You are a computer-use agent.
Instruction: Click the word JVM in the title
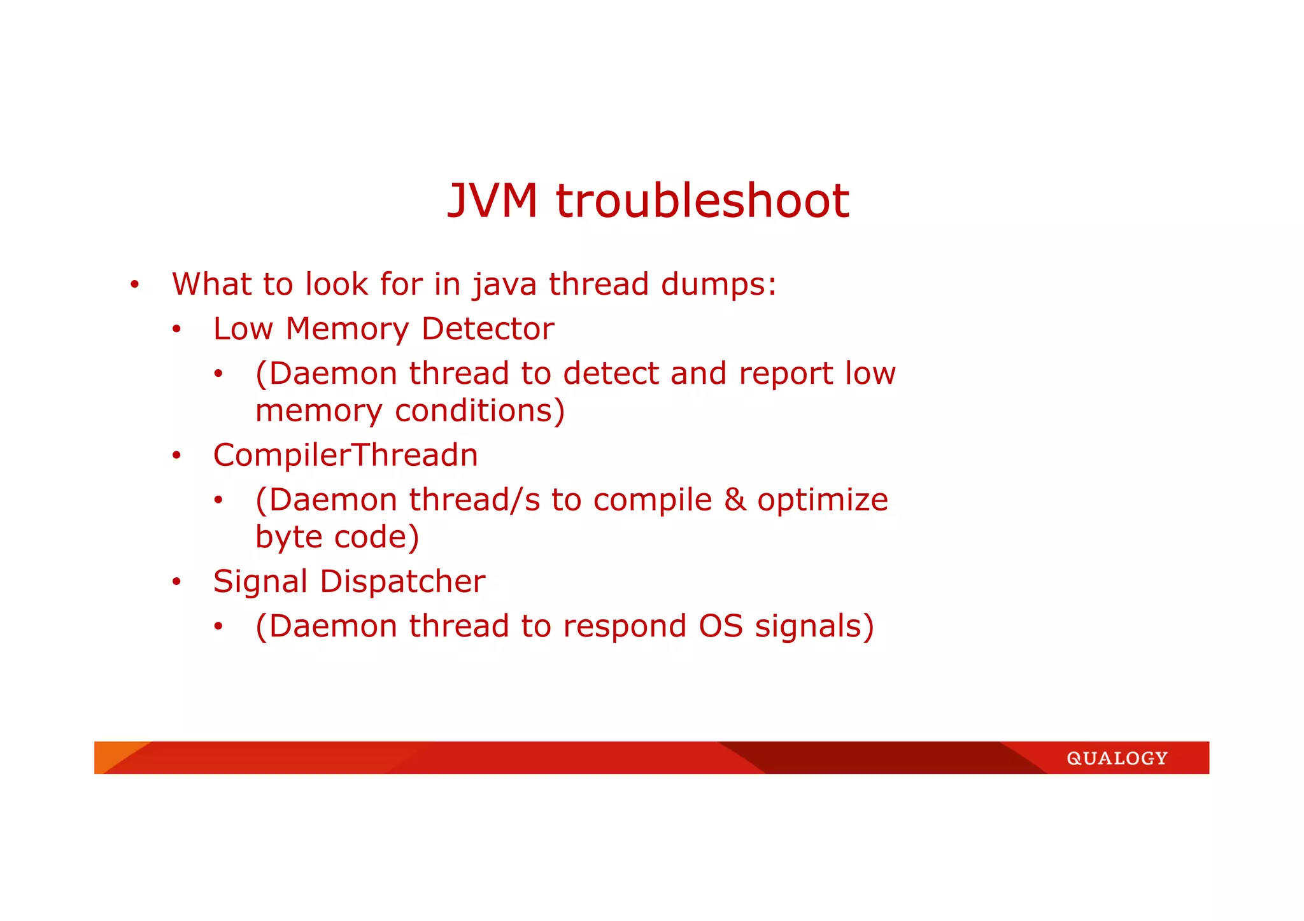(x=492, y=201)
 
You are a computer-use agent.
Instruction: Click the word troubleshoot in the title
(x=702, y=201)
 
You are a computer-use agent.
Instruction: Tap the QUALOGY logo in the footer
(x=1117, y=758)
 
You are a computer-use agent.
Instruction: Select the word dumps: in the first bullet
(x=719, y=285)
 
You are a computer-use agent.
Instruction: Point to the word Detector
(x=487, y=329)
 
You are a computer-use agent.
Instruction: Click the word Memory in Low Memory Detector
(x=347, y=329)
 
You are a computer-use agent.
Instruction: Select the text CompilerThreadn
(x=345, y=455)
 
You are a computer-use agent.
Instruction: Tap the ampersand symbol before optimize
(x=735, y=500)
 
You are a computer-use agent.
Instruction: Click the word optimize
(x=822, y=500)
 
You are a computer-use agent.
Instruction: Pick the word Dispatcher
(x=402, y=582)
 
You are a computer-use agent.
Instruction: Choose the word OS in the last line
(x=721, y=626)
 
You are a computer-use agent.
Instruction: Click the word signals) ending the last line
(x=814, y=626)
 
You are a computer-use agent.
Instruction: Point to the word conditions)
(x=479, y=411)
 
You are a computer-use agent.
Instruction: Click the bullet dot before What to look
(x=134, y=285)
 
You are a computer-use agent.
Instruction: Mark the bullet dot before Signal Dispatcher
(x=176, y=582)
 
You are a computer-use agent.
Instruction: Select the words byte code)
(x=337, y=537)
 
